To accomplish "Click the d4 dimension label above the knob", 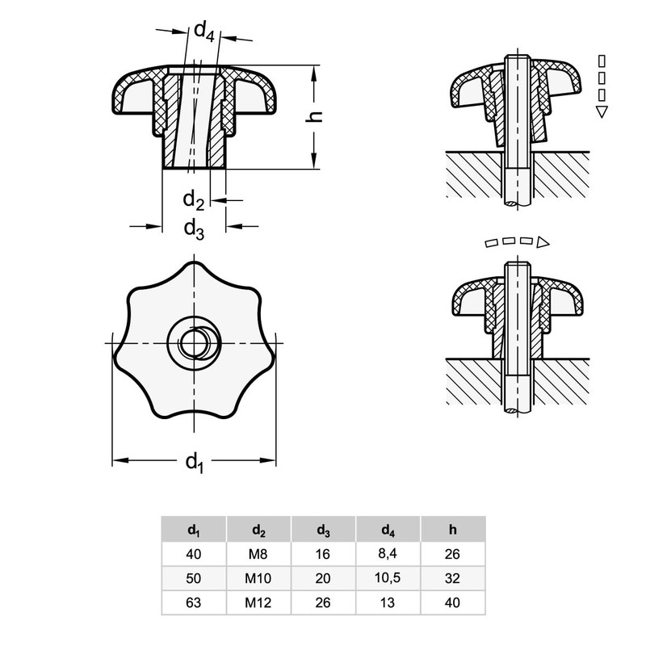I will tap(203, 32).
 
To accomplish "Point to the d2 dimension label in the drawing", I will tap(192, 199).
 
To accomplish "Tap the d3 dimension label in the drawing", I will tap(193, 229).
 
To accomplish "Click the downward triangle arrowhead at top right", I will tap(601, 112).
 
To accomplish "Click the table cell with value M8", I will tap(258, 554).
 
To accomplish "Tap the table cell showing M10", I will tap(258, 578).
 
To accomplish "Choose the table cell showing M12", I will tap(258, 602).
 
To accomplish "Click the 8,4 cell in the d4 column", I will tap(388, 554).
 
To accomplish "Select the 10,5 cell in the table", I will tap(388, 578).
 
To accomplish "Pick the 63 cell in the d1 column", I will tap(194, 602).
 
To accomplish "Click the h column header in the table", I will tap(453, 530).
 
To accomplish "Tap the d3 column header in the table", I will tap(323, 530).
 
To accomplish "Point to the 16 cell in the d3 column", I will tap(323, 554).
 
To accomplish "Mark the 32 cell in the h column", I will tap(453, 578).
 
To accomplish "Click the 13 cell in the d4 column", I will tap(388, 602).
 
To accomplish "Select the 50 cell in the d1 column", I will tap(194, 578).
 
